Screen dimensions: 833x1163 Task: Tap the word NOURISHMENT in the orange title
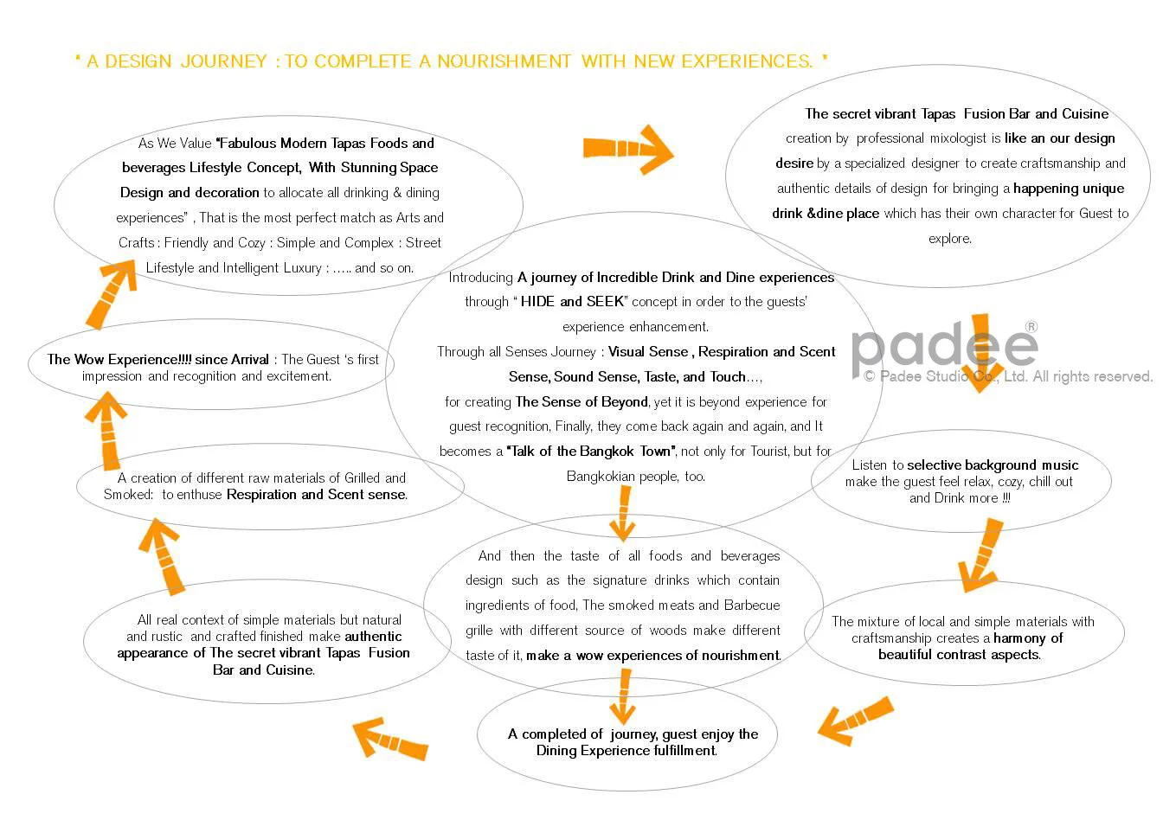click(x=504, y=61)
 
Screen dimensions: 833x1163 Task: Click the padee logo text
click(x=943, y=347)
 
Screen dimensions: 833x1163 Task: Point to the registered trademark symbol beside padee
click(x=1031, y=327)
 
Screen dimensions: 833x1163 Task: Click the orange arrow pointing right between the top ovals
click(x=628, y=149)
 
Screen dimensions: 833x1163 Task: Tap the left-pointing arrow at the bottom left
click(x=390, y=739)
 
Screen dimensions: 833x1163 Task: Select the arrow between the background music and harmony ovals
click(x=981, y=554)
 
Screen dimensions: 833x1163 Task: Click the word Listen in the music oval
click(x=870, y=465)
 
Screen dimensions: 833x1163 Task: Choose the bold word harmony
click(x=1020, y=638)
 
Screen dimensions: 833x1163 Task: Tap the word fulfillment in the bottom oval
click(x=684, y=751)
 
